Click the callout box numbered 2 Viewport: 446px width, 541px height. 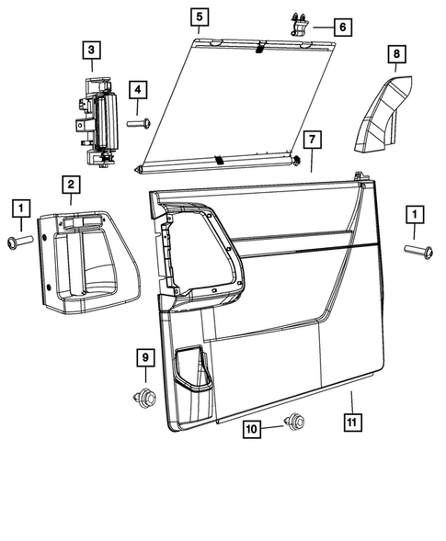coord(70,186)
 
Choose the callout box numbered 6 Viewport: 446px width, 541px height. coord(341,28)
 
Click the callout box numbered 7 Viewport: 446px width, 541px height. coord(312,141)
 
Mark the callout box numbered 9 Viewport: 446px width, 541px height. coord(144,356)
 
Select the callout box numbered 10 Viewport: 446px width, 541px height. coord(252,428)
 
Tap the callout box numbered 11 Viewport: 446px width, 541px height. coord(351,423)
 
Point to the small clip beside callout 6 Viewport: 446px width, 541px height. coord(301,24)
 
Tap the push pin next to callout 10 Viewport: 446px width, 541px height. coord(294,423)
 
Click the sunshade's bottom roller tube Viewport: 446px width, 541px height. coord(219,163)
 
